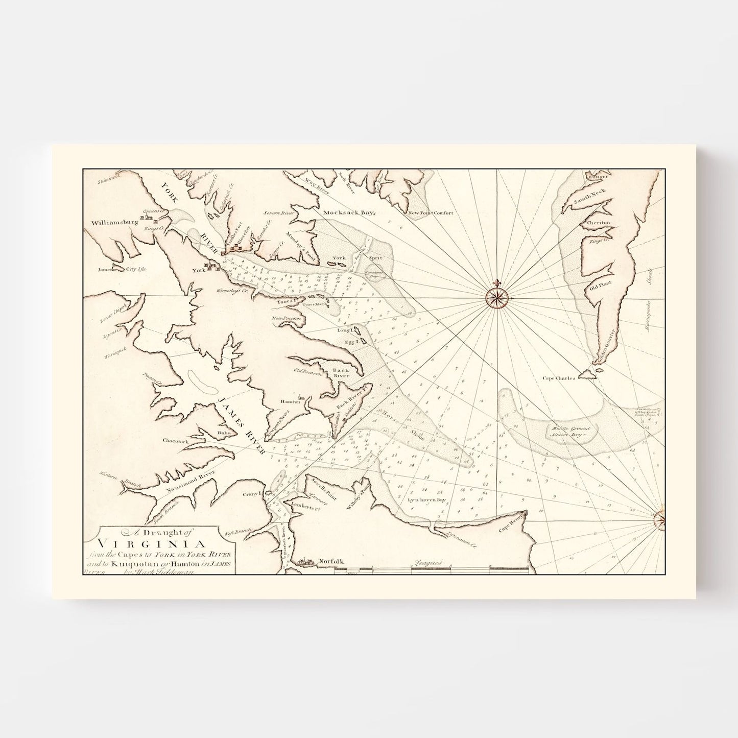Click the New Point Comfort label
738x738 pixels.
click(x=430, y=213)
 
